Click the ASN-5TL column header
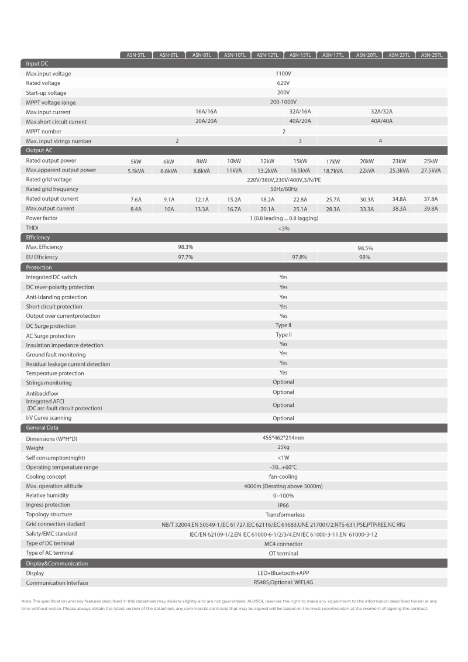136,55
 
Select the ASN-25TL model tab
431,55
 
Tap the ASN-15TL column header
300,55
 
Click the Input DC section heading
37,64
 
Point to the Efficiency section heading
38,238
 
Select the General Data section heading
42,428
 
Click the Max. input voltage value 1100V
283,74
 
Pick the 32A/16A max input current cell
300,112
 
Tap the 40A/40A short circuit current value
381,121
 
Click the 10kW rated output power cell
234,161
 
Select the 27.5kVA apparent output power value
431,170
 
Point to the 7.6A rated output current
136,199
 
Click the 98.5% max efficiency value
365,248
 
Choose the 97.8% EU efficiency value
300,258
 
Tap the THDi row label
32,228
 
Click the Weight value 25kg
283,448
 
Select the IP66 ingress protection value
283,505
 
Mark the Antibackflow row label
42,393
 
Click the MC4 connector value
283,544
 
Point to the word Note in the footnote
26,601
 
